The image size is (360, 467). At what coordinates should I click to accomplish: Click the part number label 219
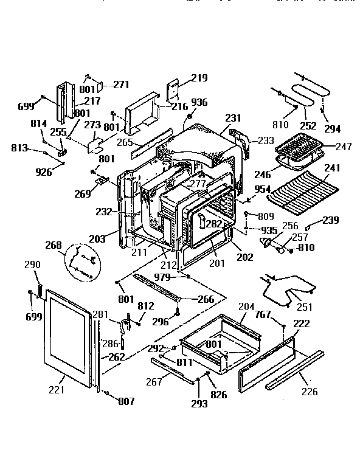(199, 78)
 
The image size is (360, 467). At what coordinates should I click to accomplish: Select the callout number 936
(199, 102)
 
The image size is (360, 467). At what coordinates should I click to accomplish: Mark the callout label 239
(331, 220)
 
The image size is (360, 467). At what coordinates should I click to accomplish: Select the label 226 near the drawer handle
(310, 392)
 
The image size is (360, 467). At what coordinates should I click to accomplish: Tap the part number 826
(218, 395)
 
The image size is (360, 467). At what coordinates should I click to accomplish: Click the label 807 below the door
(126, 401)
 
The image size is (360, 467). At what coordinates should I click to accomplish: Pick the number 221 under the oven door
(56, 389)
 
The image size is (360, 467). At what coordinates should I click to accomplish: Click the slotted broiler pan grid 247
(299, 147)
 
